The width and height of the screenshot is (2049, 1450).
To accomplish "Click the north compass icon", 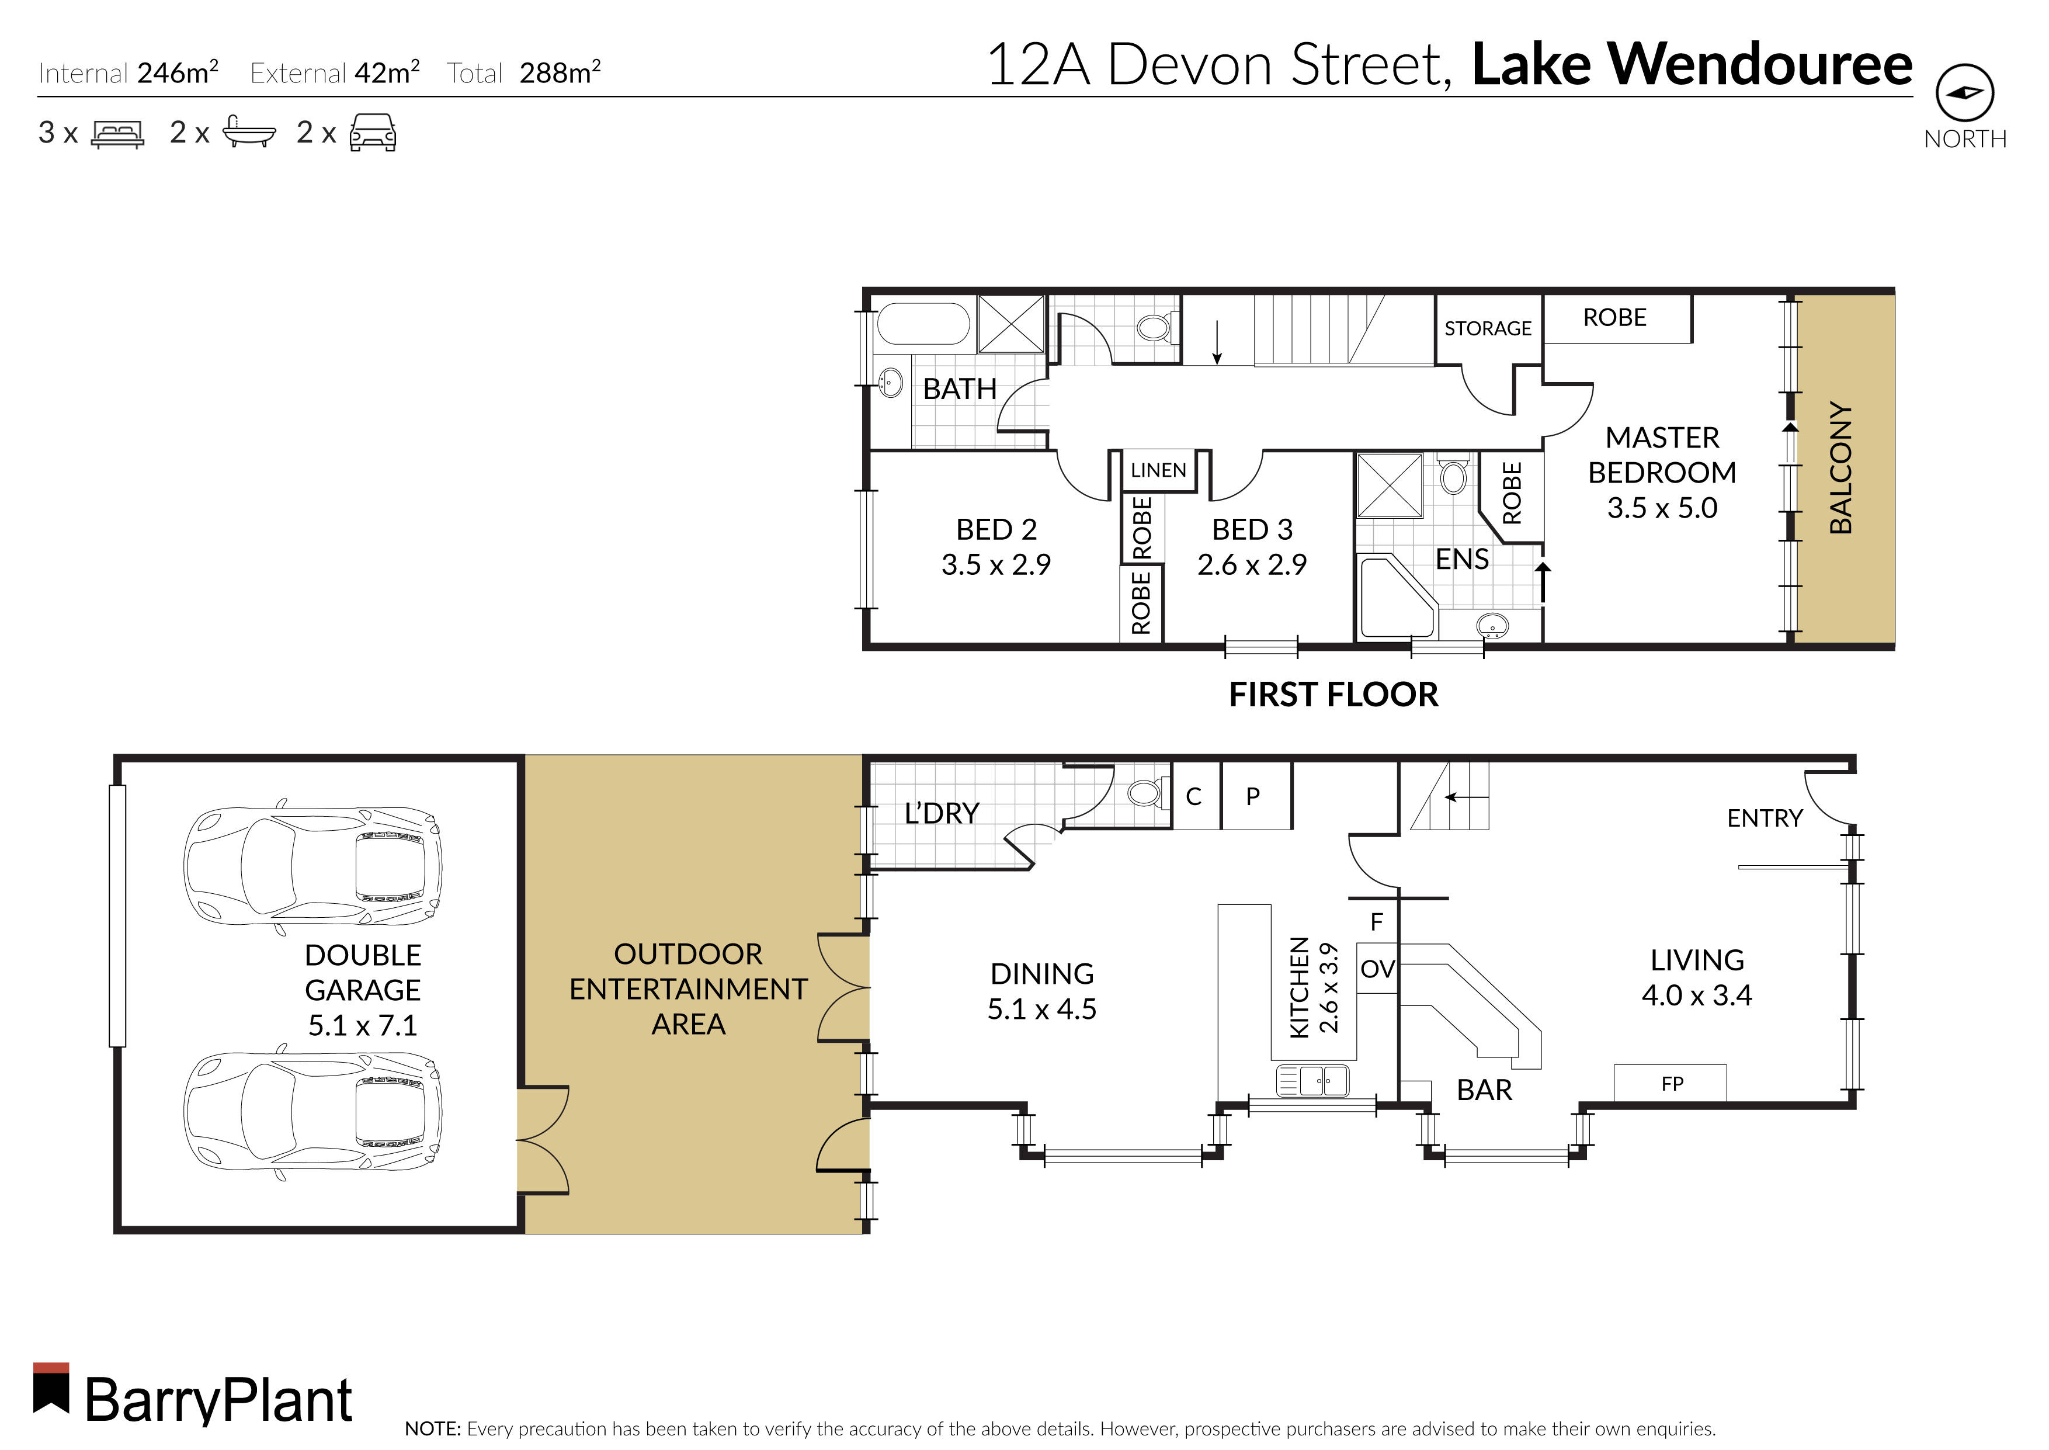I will [1964, 93].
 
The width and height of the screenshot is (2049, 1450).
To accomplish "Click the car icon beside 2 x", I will [372, 133].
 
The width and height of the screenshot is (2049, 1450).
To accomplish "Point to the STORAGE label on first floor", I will [1488, 328].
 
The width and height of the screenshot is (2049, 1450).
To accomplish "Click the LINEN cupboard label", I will [1158, 470].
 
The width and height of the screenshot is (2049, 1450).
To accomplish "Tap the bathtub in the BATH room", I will [923, 323].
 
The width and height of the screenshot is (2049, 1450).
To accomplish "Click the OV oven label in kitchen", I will [1377, 969].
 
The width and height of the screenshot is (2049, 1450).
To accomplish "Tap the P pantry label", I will [1253, 796].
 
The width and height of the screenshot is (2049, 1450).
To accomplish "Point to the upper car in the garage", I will [312, 865].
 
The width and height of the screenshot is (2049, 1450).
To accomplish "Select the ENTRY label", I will [1765, 818].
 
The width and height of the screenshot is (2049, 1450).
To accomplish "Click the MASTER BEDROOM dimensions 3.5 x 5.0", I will [1662, 508].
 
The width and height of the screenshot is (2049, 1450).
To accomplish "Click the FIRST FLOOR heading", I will [1333, 695].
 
